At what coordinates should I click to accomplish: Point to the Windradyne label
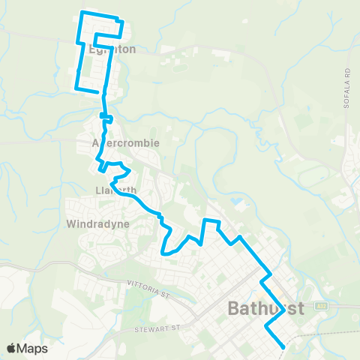tap(98, 223)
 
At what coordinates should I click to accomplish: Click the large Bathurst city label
tap(265, 308)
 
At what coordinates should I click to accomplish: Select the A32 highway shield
tap(321, 306)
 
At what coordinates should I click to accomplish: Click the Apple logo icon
tap(13, 348)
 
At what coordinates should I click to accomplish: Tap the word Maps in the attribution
tap(34, 348)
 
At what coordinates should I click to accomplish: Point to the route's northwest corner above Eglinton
tap(82, 13)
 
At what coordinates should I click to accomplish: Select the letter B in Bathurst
tap(233, 308)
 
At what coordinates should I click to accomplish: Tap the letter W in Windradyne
tap(72, 223)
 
